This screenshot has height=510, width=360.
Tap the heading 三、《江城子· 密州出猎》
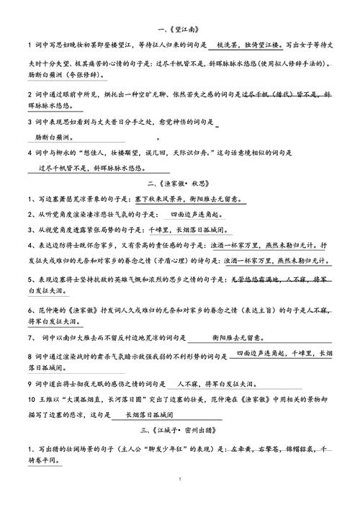tap(180, 431)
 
